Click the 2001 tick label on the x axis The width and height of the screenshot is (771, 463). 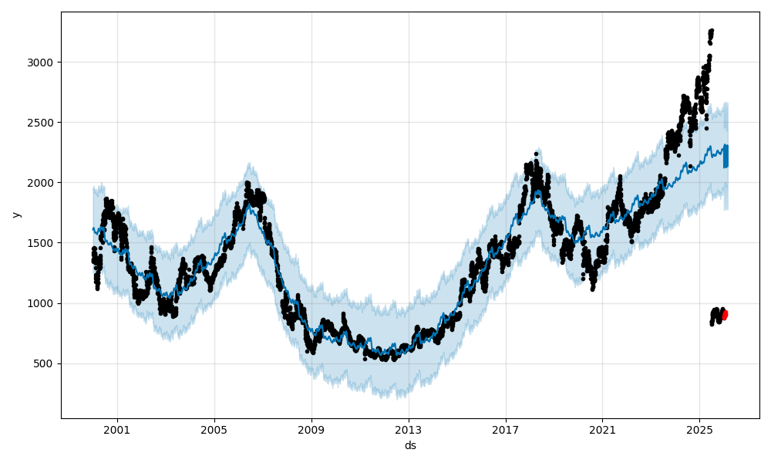pyautogui.click(x=117, y=429)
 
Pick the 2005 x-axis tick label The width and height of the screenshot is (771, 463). pyautogui.click(x=214, y=429)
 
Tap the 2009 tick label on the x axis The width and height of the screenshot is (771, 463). pyautogui.click(x=311, y=429)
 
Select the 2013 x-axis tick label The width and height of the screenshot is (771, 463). pyautogui.click(x=409, y=429)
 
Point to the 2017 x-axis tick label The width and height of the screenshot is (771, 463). pyautogui.click(x=506, y=429)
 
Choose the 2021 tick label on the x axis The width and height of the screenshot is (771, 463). pyautogui.click(x=602, y=429)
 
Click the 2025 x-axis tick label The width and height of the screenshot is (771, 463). pyautogui.click(x=699, y=429)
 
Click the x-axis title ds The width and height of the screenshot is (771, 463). pyautogui.click(x=410, y=445)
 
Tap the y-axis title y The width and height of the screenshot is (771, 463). pyautogui.click(x=15, y=215)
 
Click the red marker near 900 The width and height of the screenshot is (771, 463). pyautogui.click(x=724, y=315)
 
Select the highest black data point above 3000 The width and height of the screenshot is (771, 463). pyautogui.click(x=711, y=31)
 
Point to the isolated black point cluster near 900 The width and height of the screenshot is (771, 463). pyautogui.click(x=716, y=314)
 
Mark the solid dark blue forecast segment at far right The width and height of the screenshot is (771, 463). pyautogui.click(x=726, y=156)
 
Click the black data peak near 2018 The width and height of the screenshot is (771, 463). pyautogui.click(x=536, y=154)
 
